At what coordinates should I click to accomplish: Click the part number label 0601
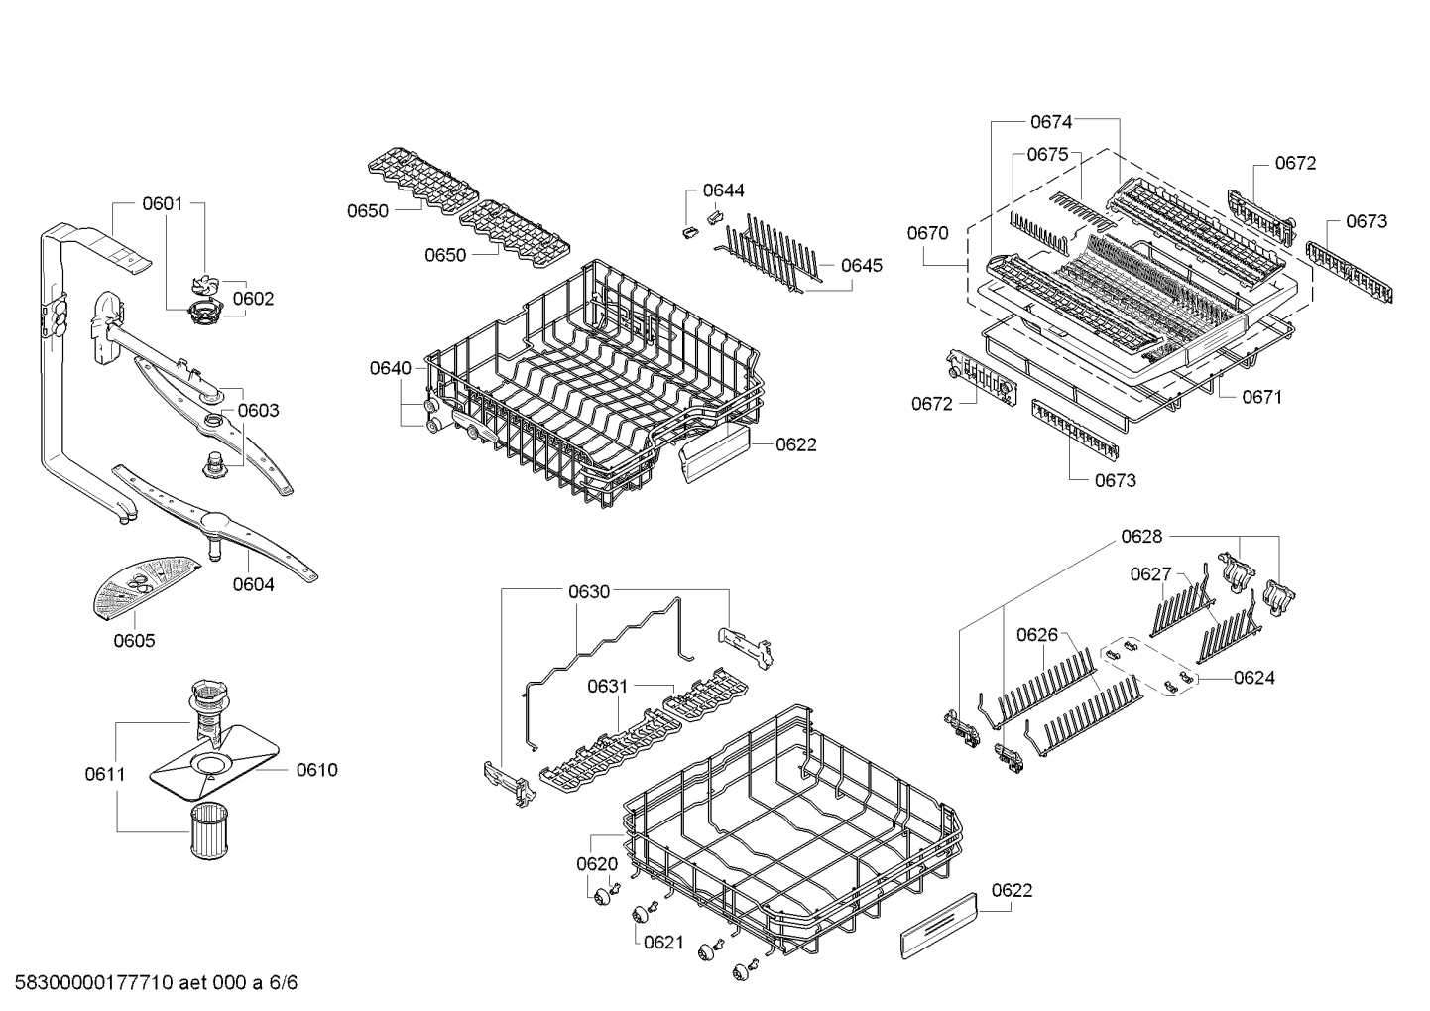click(x=162, y=204)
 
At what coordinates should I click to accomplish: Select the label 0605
click(x=134, y=641)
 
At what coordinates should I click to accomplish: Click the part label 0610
click(x=316, y=770)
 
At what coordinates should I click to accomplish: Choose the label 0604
click(x=253, y=584)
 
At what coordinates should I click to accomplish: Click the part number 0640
click(x=390, y=368)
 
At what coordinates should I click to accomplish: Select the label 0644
click(x=723, y=190)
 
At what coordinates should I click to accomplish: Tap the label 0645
click(x=861, y=265)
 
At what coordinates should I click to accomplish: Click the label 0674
click(x=1050, y=122)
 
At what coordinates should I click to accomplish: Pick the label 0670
click(x=927, y=233)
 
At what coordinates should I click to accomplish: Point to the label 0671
click(x=1261, y=397)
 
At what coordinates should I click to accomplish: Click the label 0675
click(x=1046, y=154)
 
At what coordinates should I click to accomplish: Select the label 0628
click(x=1140, y=537)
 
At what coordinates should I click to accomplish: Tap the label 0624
click(x=1253, y=678)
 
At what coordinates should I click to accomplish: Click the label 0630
click(x=588, y=592)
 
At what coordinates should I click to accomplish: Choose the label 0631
click(x=607, y=686)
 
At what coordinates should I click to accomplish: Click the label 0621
click(x=663, y=942)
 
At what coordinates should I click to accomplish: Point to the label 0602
click(x=253, y=299)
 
